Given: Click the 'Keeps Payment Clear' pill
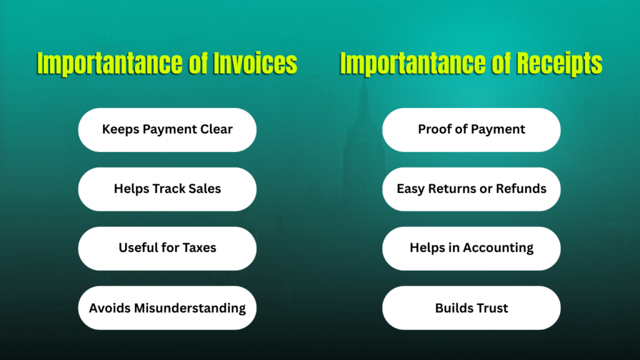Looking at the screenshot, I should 167,130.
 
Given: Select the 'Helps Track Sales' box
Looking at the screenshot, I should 167,189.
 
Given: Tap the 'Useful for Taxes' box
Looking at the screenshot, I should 167,248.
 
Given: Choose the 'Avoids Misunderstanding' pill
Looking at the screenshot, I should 167,307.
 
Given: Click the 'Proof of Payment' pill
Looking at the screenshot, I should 471,130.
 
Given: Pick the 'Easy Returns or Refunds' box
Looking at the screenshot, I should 471,189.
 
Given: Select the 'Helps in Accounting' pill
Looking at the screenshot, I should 471,248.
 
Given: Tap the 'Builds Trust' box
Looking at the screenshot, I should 471,307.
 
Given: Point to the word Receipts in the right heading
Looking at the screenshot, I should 557,64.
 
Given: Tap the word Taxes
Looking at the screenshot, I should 199,248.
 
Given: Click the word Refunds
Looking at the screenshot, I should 522,189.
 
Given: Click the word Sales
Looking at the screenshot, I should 205,189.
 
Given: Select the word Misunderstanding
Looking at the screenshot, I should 191,308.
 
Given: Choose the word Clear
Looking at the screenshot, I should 216,130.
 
